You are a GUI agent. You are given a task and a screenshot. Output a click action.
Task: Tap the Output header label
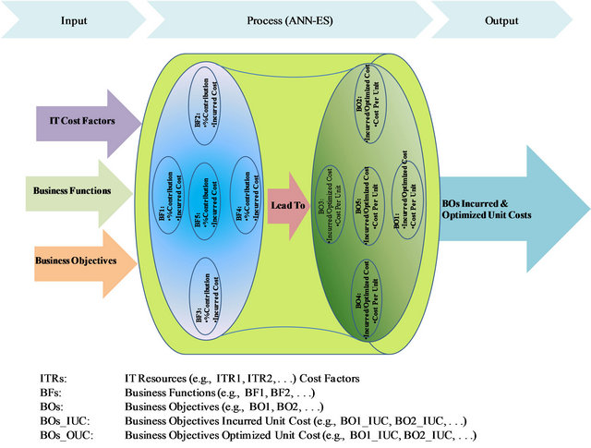[501, 18]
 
